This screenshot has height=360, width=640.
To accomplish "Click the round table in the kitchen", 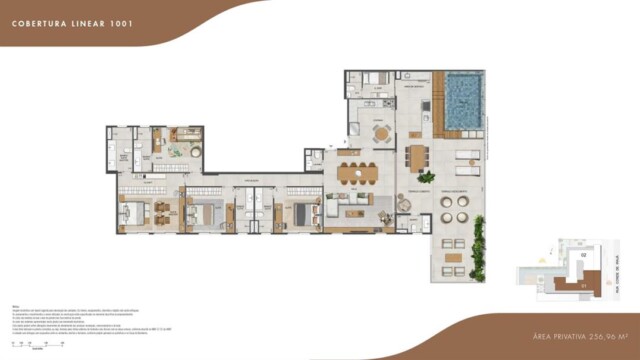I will pyautogui.click(x=380, y=133).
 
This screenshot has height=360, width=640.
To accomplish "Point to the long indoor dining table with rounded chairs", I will pyautogui.click(x=358, y=173).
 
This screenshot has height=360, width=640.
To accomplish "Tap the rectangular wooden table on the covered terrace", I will pyautogui.click(x=415, y=157).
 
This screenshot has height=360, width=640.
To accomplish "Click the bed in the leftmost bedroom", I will pyautogui.click(x=133, y=212).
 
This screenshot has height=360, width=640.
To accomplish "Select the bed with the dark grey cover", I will pyautogui.click(x=302, y=212).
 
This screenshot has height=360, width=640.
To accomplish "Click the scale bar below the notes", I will pyautogui.click(x=35, y=343).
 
